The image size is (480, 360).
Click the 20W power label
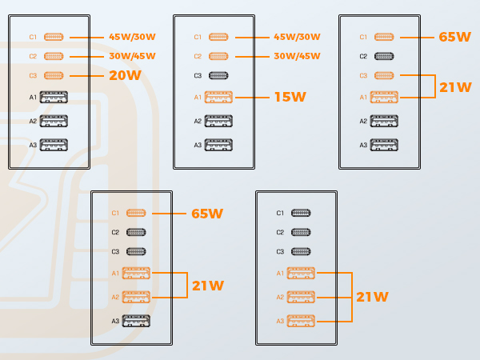[x=126, y=75]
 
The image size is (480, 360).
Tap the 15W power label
[x=290, y=97]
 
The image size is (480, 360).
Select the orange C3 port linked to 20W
[x=54, y=75]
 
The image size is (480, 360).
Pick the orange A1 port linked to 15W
[x=218, y=97]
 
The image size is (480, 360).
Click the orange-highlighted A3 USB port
[x=301, y=321]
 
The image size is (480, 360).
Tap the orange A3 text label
[x=280, y=321]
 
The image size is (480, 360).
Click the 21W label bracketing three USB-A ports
[x=372, y=297]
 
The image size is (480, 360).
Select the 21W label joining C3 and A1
[x=455, y=87]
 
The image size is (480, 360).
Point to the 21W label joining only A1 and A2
[x=208, y=286]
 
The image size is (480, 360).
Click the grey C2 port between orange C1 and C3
[x=384, y=56]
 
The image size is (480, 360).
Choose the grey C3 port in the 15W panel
[x=218, y=75]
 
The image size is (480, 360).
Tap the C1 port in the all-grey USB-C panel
[x=301, y=213]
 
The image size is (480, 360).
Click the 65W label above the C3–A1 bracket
[x=455, y=37]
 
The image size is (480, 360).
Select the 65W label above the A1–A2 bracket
[x=207, y=214]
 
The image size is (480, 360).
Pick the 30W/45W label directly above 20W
[x=132, y=56]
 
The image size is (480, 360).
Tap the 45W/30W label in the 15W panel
[x=297, y=37]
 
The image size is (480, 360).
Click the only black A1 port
[x=54, y=97]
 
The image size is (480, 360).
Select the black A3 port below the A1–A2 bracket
[x=136, y=321]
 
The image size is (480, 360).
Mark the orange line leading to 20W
[x=86, y=76]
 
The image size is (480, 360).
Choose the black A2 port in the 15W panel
[x=218, y=121]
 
